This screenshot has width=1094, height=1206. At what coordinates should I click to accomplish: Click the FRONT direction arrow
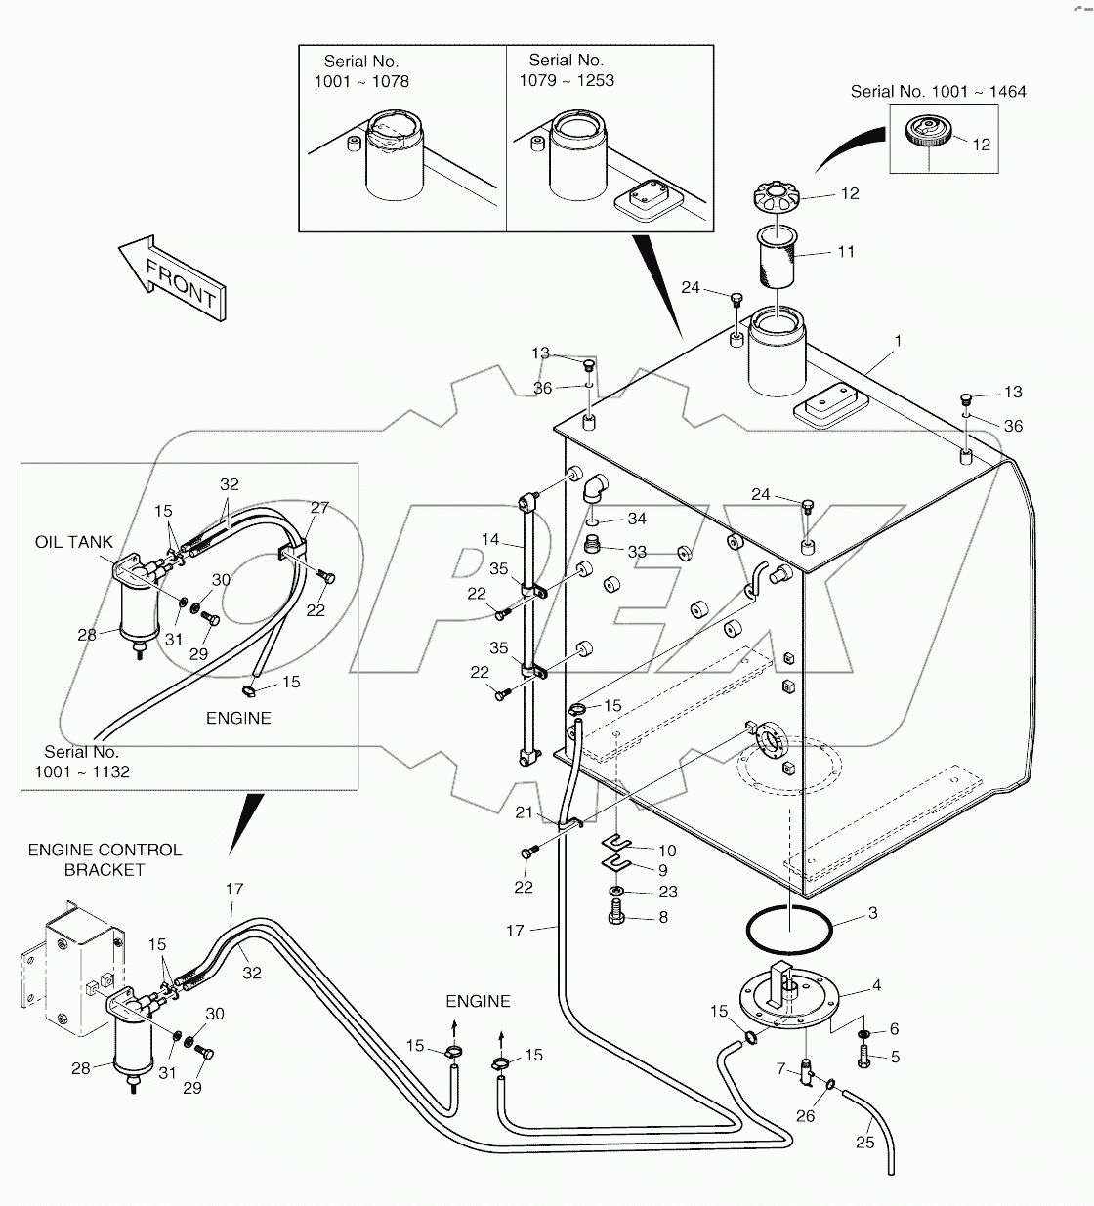pyautogui.click(x=173, y=277)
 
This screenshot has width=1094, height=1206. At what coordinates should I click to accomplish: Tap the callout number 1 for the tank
pyautogui.click(x=898, y=342)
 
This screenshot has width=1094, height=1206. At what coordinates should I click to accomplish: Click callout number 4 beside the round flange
pyautogui.click(x=876, y=985)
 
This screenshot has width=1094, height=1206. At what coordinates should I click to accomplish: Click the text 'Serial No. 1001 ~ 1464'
pyautogui.click(x=938, y=91)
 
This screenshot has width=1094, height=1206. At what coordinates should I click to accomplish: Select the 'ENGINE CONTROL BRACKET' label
pyautogui.click(x=105, y=859)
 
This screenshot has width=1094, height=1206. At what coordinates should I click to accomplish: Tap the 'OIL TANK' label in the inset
pyautogui.click(x=74, y=542)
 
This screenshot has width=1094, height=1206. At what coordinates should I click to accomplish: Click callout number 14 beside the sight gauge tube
pyautogui.click(x=489, y=539)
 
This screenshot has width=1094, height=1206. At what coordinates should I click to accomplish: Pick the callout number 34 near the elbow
pyautogui.click(x=637, y=519)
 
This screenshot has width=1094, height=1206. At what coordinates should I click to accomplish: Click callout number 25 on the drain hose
pyautogui.click(x=865, y=1143)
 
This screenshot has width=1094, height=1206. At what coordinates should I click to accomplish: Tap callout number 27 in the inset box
pyautogui.click(x=319, y=508)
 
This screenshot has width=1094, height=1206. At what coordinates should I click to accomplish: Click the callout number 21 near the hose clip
pyautogui.click(x=525, y=813)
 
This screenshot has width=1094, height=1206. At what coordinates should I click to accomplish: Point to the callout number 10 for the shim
pyautogui.click(x=666, y=851)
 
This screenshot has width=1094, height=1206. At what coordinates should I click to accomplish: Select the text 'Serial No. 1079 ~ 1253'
pyautogui.click(x=567, y=70)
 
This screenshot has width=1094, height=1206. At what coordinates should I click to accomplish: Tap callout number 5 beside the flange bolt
pyautogui.click(x=894, y=1056)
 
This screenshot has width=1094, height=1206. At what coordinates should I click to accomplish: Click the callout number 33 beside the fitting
pyautogui.click(x=637, y=552)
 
